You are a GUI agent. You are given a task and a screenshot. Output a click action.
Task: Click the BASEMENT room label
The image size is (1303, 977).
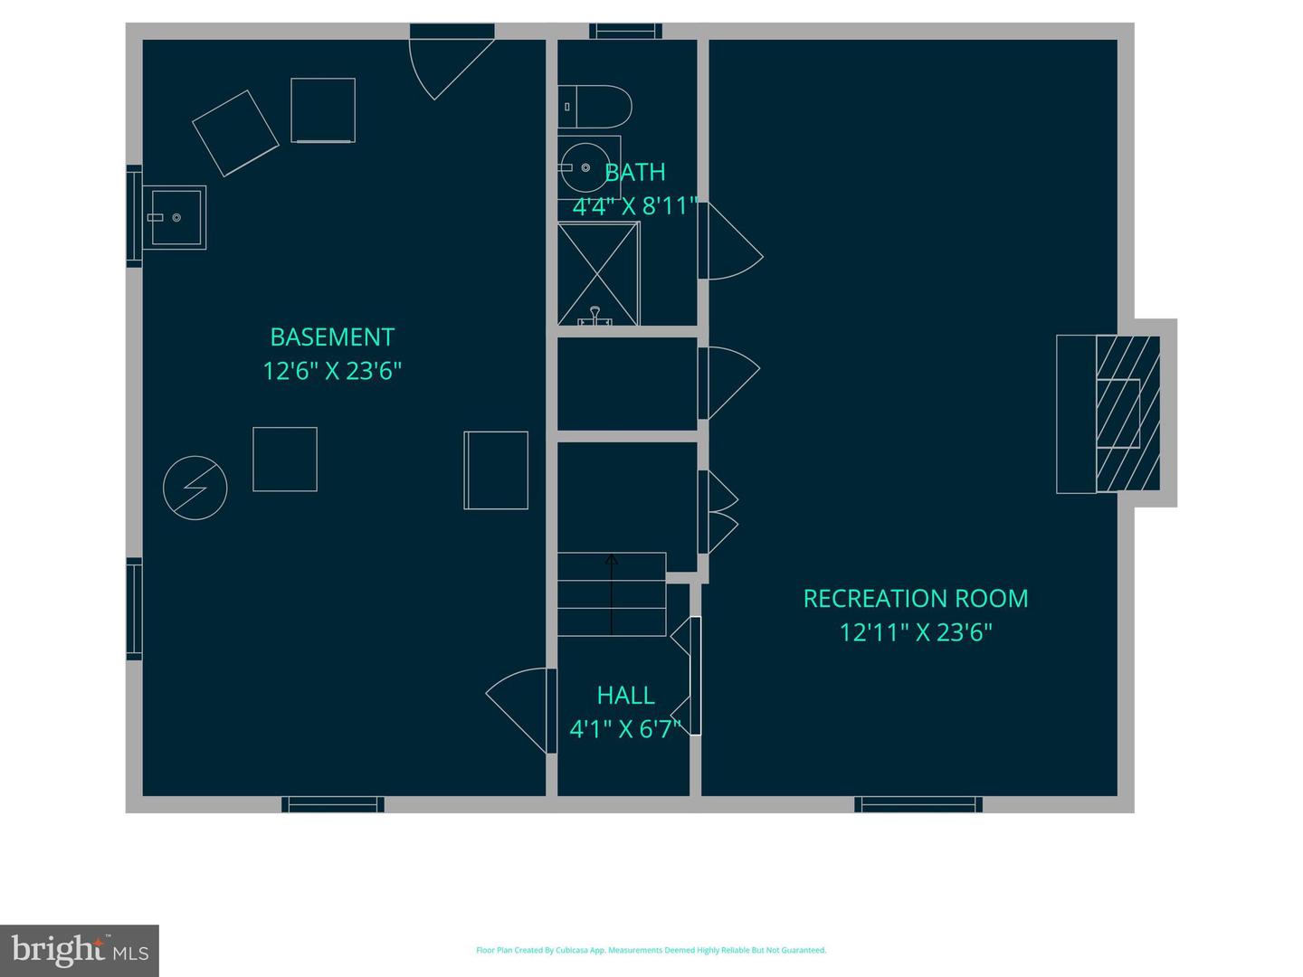(332, 337)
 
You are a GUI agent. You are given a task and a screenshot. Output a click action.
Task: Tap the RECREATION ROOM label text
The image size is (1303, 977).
(915, 599)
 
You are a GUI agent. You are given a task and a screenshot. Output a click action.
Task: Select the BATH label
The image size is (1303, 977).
(635, 172)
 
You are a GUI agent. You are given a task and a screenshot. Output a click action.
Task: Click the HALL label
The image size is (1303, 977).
(625, 696)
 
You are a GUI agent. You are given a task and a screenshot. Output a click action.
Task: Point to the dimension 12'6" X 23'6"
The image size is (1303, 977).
(332, 371)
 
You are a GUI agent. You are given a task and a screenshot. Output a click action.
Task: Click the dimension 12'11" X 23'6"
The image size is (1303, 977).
(915, 632)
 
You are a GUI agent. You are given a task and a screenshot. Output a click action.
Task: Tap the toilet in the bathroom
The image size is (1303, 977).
(596, 107)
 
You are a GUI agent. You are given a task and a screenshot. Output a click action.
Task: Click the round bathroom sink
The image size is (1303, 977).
(580, 167)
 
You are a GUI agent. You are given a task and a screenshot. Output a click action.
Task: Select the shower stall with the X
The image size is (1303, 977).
(598, 273)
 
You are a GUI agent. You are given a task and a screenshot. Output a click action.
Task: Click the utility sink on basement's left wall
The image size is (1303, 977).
(175, 217)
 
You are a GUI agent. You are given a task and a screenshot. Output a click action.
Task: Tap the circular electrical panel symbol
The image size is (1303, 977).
(195, 488)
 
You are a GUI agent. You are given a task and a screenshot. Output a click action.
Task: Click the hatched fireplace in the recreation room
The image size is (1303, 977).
(1127, 414)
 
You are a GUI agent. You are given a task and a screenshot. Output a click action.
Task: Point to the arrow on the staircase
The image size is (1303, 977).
(612, 593)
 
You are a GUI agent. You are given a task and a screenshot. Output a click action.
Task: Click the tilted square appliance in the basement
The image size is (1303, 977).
(235, 133)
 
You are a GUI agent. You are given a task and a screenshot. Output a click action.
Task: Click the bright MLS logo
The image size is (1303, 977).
(80, 950)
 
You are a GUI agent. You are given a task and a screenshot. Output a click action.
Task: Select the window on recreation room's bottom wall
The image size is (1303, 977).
(918, 804)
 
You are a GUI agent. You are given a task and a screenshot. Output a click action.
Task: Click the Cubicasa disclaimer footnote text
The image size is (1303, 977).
(651, 950)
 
